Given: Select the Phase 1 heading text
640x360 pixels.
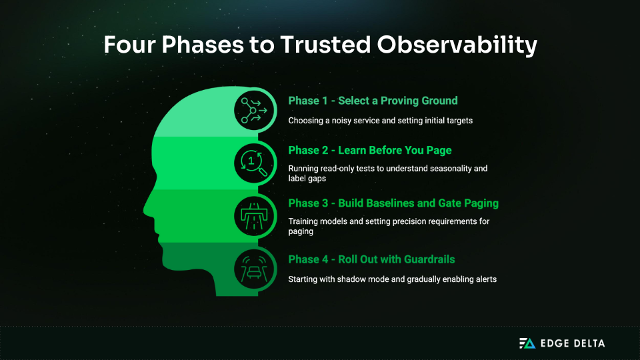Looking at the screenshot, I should pos(373,101).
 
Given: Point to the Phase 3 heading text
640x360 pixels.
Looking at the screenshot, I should pos(393,203).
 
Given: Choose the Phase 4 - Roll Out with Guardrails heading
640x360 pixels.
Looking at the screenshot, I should pos(371,259).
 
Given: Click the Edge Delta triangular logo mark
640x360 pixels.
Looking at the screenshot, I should pos(527,343).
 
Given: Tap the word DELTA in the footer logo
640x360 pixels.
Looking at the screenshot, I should pos(587,343).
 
